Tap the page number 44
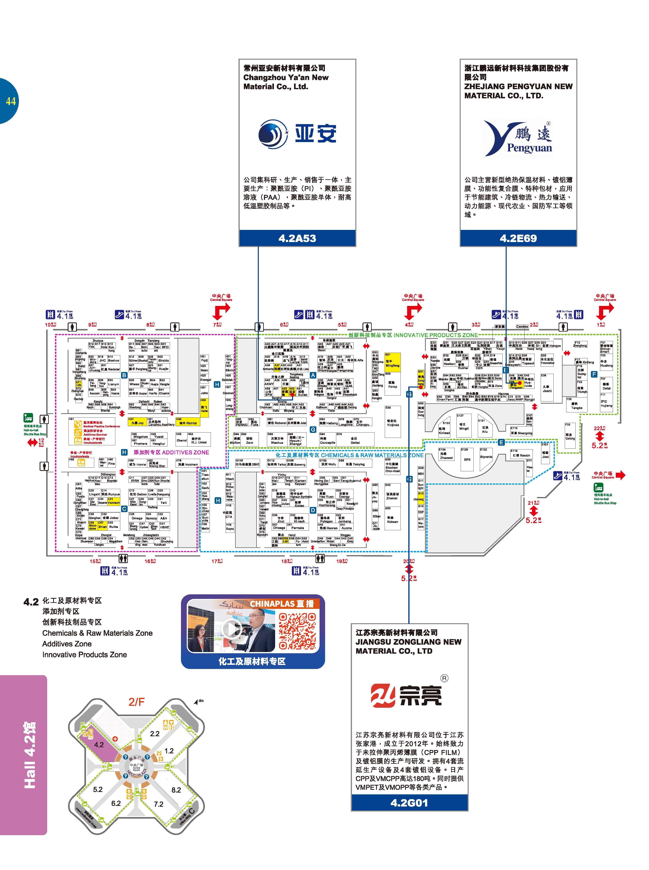[11, 101]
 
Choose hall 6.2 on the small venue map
[116, 803]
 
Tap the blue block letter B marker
[124, 375]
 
